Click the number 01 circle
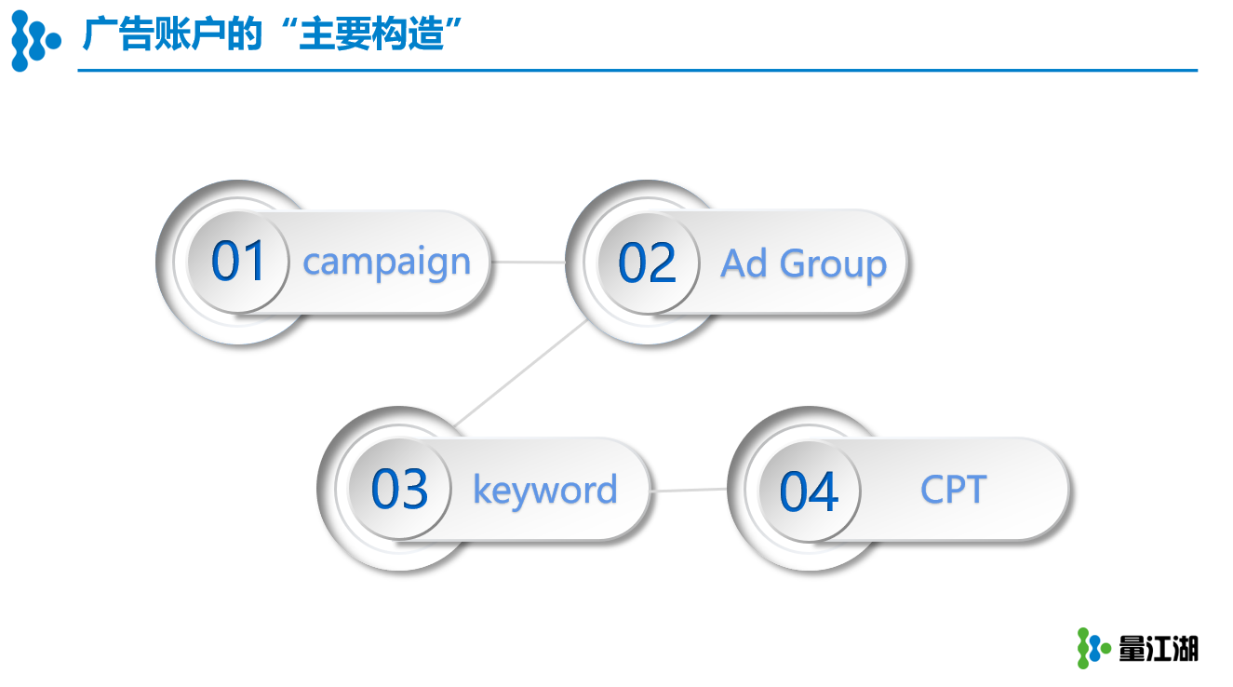(238, 262)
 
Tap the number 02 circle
(648, 263)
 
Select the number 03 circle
(399, 490)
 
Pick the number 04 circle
(810, 491)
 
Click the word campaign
(387, 263)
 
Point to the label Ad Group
(804, 264)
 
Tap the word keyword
(545, 490)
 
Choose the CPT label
(954, 489)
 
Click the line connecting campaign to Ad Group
(529, 262)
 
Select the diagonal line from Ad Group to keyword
(521, 374)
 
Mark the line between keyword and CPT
(689, 490)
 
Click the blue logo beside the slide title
(35, 41)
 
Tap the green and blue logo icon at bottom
(1093, 648)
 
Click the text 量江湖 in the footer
(1159, 649)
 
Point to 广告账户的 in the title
(172, 34)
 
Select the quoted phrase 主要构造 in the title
(371, 34)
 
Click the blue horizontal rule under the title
(637, 71)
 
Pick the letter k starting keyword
(482, 487)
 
